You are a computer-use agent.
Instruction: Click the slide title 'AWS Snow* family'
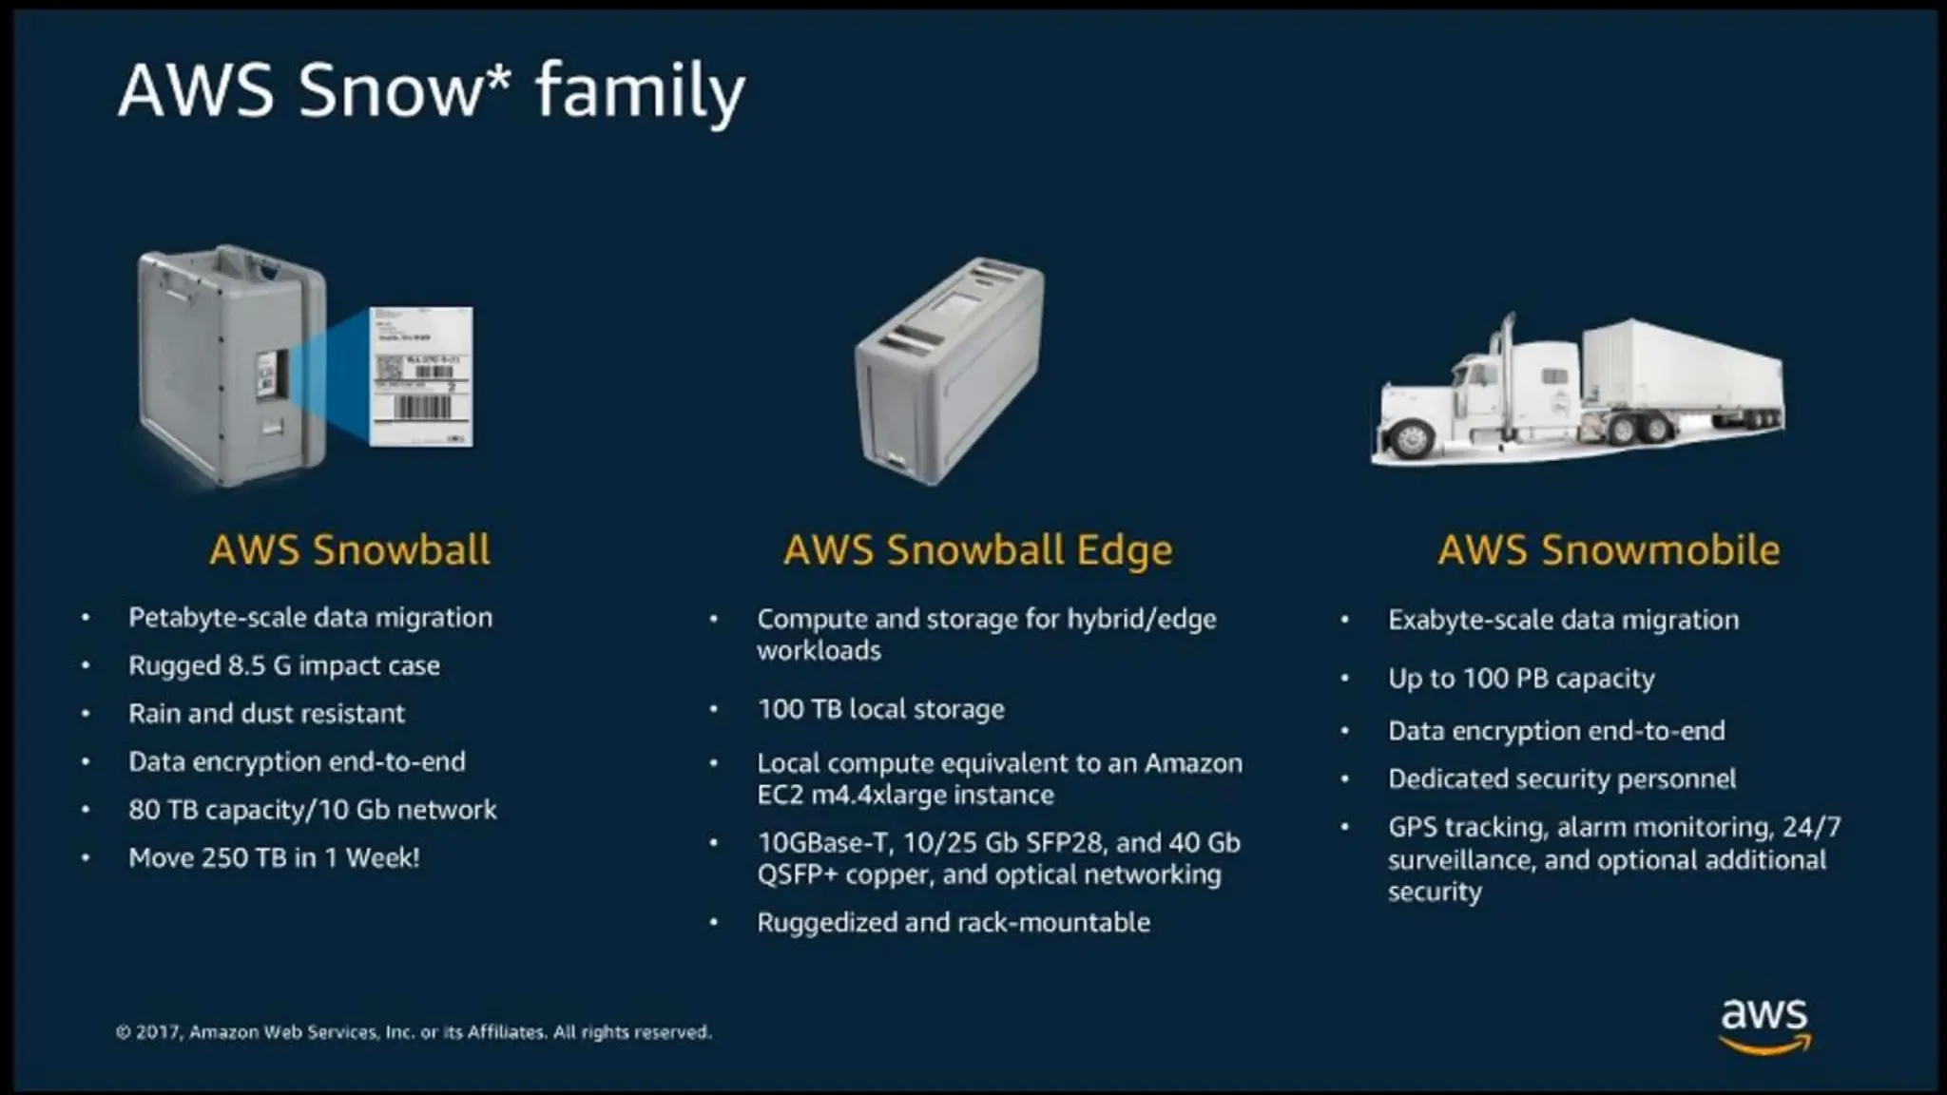click(432, 90)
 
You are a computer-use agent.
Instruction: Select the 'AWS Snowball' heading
click(350, 550)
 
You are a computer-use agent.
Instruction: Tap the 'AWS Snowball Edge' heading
click(977, 550)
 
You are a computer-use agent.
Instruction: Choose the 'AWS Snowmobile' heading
click(1609, 550)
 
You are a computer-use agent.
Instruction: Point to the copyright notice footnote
click(414, 1032)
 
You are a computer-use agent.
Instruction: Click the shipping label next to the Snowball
click(420, 376)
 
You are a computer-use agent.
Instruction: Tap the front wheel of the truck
click(1409, 438)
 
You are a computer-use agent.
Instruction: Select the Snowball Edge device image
click(949, 371)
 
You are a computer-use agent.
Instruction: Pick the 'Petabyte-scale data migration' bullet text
click(310, 618)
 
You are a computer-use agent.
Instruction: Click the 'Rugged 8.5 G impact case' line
click(284, 665)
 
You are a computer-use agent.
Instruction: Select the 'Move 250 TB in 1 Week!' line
click(274, 858)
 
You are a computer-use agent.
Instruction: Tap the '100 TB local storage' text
click(880, 709)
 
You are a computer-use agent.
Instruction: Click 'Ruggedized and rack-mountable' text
click(954, 923)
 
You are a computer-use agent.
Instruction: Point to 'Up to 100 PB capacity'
click(1521, 679)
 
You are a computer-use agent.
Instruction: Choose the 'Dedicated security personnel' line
click(1562, 779)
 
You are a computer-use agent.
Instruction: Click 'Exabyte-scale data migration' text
click(1563, 620)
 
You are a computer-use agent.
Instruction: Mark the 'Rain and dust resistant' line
click(266, 714)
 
